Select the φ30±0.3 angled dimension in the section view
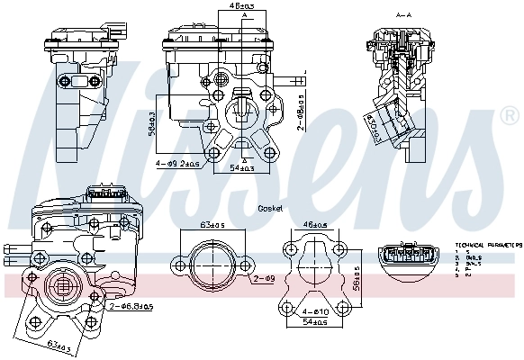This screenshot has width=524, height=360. click(x=370, y=127)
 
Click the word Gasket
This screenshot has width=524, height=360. click(x=269, y=208)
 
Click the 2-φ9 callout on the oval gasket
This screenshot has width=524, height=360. click(x=263, y=281)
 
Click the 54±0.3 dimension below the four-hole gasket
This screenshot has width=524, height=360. click(x=312, y=321)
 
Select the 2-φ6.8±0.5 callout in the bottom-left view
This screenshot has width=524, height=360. click(x=131, y=308)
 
